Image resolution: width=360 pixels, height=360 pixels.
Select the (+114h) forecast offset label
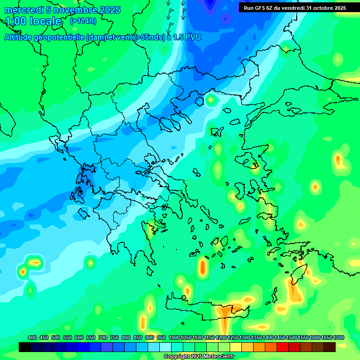83,21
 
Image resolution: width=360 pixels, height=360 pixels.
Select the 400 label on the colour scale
32,337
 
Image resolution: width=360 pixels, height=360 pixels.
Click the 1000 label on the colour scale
174,337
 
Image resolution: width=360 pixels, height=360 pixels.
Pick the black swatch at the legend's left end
25,347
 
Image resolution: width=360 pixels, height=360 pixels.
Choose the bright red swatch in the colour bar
283,347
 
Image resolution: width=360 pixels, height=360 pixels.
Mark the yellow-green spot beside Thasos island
210,99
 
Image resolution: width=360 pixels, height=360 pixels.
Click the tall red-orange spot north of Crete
202,267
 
